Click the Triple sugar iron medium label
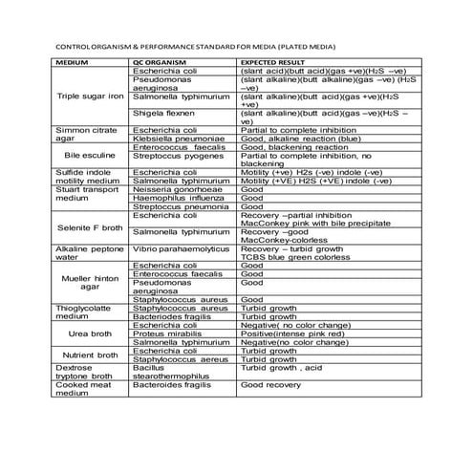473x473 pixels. click(91, 97)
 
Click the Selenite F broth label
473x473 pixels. click(91, 227)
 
